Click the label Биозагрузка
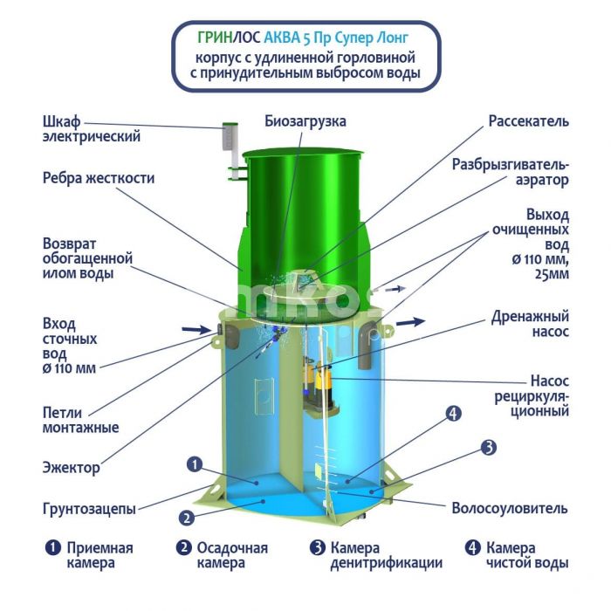click(305, 121)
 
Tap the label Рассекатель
click(528, 121)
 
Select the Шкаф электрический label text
click(91, 129)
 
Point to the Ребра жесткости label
click(99, 178)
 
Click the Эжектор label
click(71, 467)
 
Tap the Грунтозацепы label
click(89, 509)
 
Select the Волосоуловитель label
click(510, 508)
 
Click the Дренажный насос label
click(530, 324)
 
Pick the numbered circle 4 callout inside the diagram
click(453, 414)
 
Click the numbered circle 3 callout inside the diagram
click(489, 447)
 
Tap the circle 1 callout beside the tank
click(195, 464)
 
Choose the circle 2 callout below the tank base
click(187, 518)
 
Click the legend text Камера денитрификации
click(386, 555)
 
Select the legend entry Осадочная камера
click(232, 555)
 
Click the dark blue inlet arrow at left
click(196, 330)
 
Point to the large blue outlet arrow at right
click(411, 322)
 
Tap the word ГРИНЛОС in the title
click(229, 38)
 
